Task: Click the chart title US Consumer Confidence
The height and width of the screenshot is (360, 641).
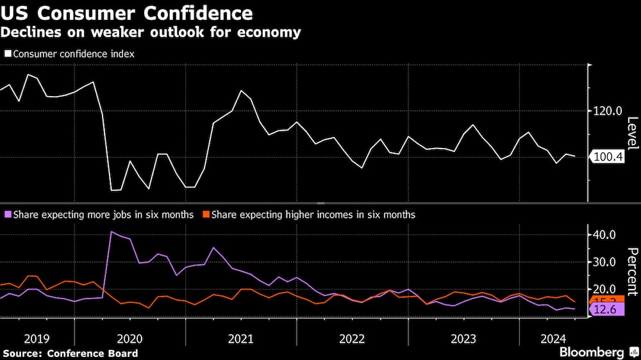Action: [x=127, y=13]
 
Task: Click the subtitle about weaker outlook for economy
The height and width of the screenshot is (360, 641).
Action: [x=151, y=32]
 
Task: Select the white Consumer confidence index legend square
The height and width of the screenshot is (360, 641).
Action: [x=8, y=54]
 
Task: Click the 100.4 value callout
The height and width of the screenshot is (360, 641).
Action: [x=609, y=157]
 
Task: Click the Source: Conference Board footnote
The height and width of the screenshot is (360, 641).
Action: [x=70, y=353]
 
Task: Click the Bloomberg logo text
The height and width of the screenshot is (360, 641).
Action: [x=592, y=352]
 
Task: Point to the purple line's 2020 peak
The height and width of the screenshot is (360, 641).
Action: [x=112, y=231]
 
